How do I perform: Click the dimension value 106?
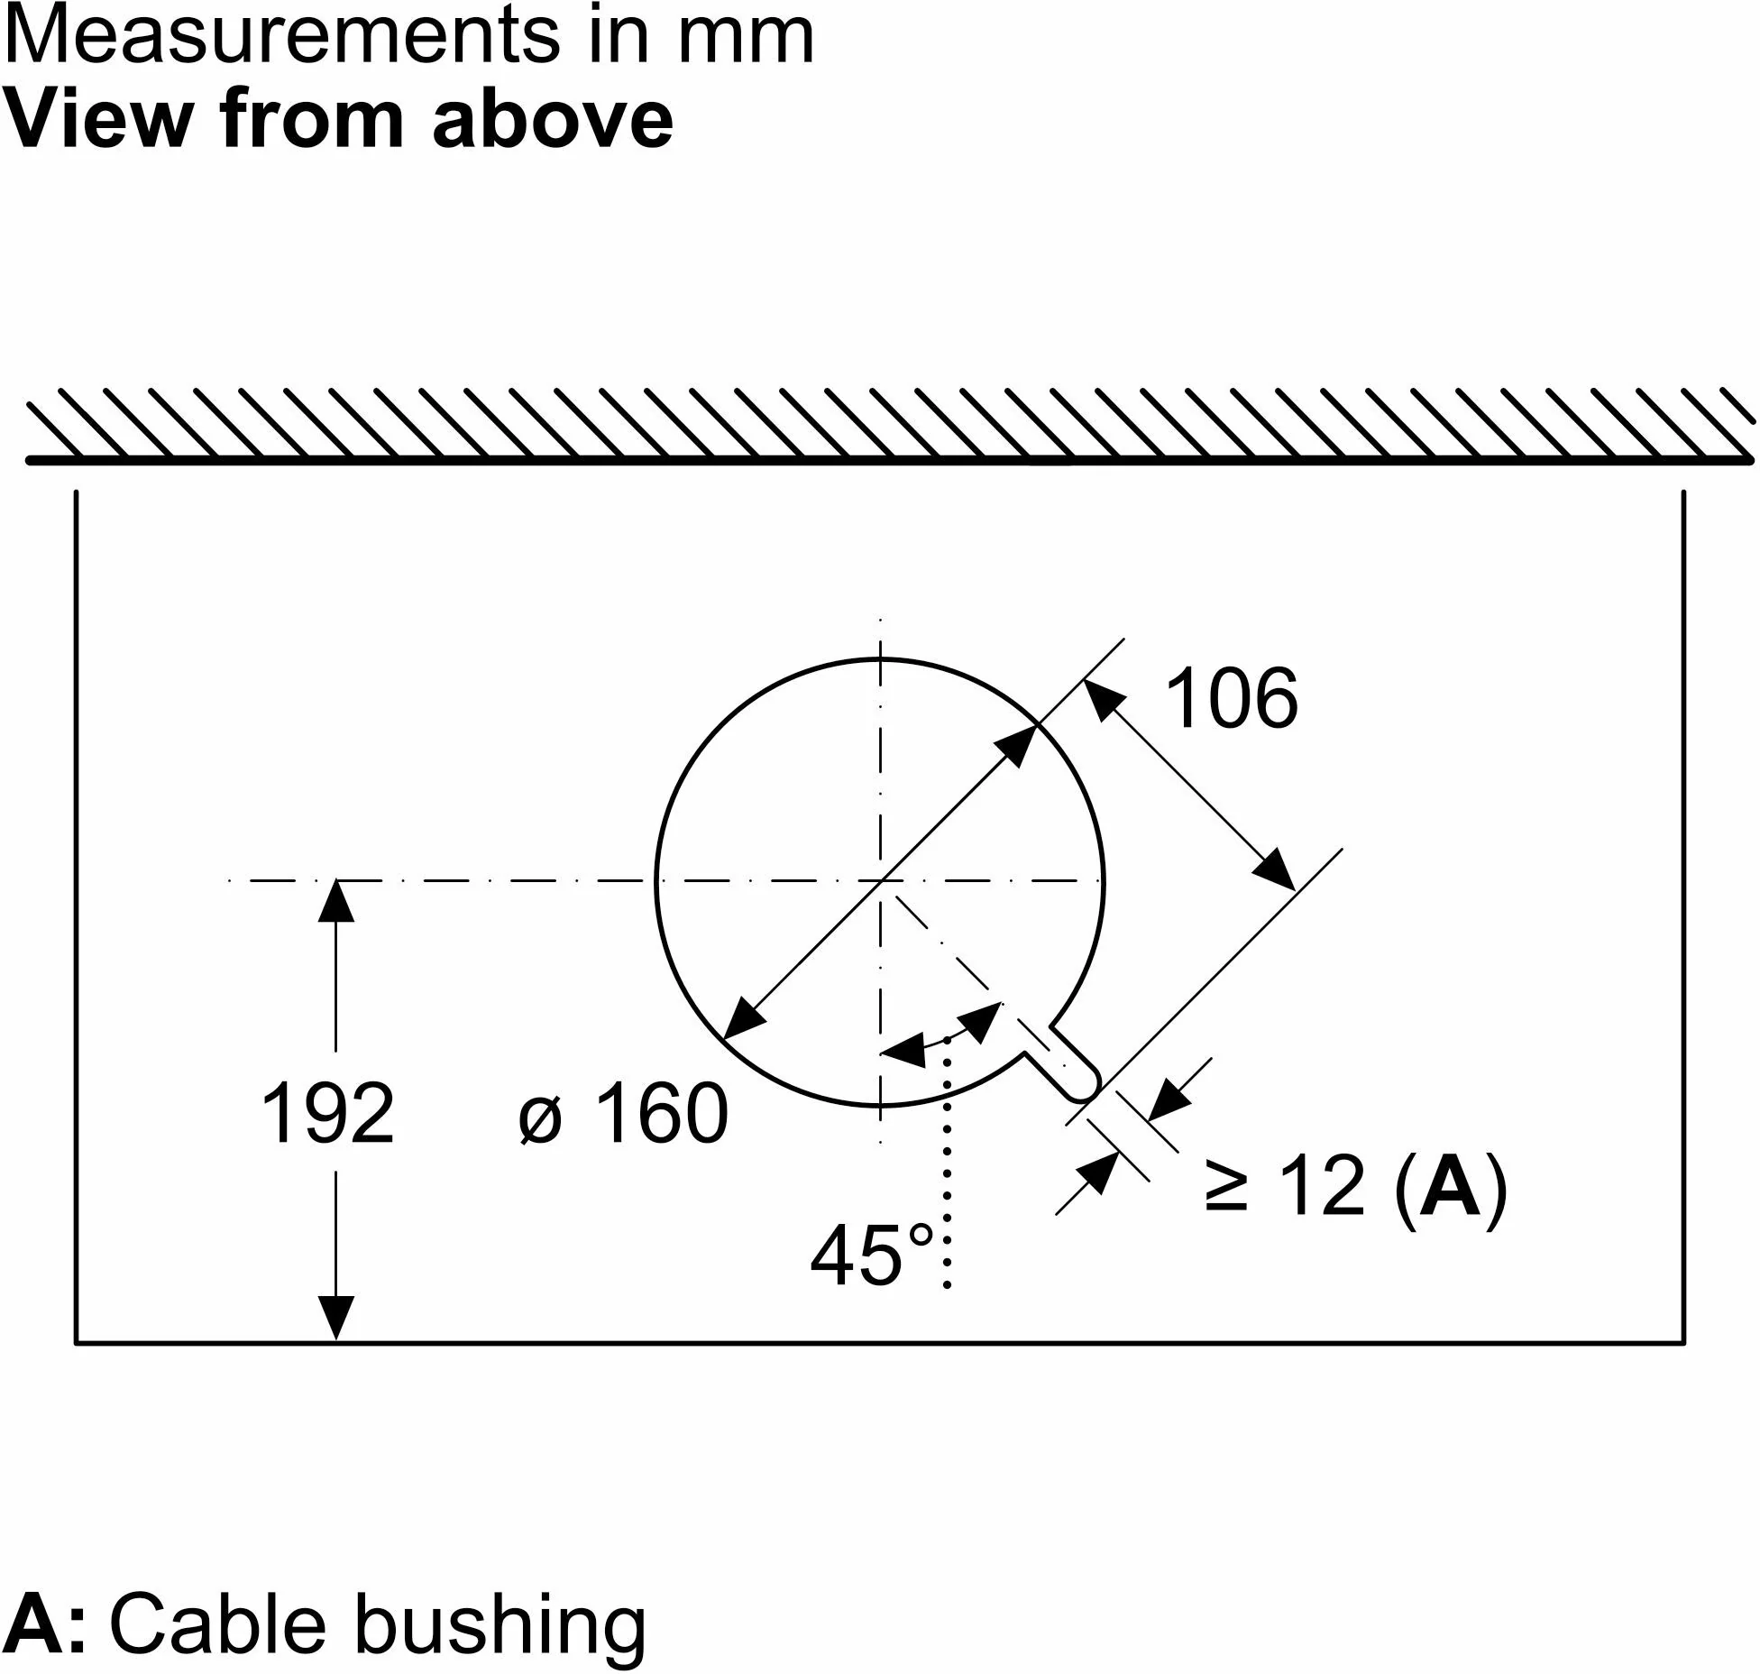point(1232,698)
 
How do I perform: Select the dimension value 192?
point(327,1113)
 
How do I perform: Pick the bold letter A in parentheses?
point(1449,1186)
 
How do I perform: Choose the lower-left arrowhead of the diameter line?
point(745,1016)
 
